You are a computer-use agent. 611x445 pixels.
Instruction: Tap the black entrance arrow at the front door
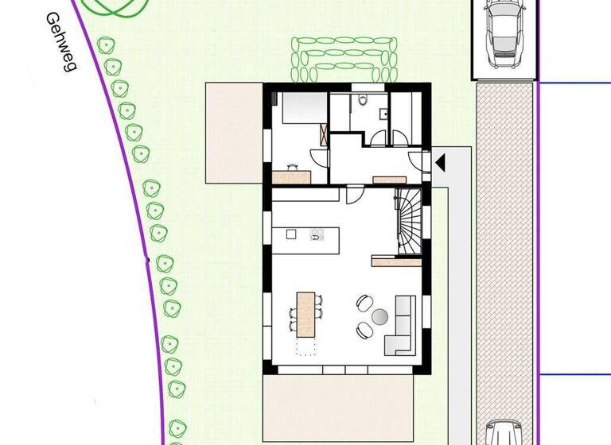tap(439, 163)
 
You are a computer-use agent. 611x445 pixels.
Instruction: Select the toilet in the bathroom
tap(363, 100)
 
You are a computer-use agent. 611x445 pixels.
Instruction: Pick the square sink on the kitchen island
tap(291, 234)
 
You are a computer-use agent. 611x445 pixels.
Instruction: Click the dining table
tap(305, 315)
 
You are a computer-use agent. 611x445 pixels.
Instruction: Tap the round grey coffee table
tap(379, 316)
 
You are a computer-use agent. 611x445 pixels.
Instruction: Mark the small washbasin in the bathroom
tap(383, 113)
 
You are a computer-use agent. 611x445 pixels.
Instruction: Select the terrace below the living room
tap(339, 407)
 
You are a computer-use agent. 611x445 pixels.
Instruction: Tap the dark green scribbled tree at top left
tap(116, 6)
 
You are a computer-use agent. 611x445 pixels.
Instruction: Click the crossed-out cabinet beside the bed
tap(321, 133)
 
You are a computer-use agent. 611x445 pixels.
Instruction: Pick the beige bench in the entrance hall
tap(389, 179)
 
